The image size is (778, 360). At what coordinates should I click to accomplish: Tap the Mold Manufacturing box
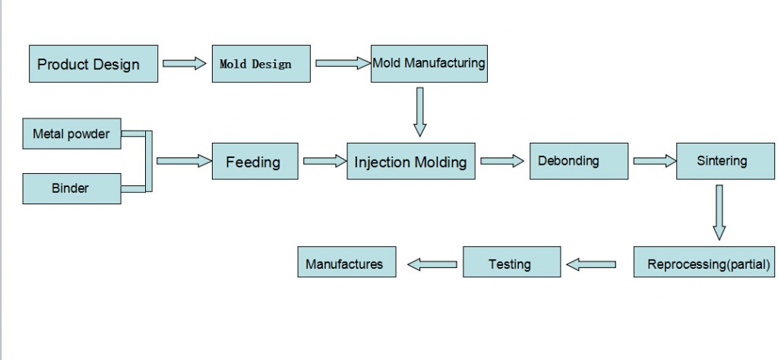(429, 63)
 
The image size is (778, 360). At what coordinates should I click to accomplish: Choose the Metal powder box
(71, 134)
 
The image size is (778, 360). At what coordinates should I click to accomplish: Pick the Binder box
(71, 188)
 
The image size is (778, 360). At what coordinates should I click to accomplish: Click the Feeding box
(254, 162)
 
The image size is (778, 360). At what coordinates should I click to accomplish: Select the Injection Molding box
(411, 162)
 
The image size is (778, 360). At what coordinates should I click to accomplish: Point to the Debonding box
(578, 161)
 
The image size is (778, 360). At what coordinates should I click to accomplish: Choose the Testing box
(511, 264)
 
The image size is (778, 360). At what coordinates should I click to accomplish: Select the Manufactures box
(346, 264)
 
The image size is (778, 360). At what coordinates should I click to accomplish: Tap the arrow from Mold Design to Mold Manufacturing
(342, 63)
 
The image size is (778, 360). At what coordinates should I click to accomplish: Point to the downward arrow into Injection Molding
(419, 112)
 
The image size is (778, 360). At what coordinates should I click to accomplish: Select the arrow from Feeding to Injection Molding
(324, 161)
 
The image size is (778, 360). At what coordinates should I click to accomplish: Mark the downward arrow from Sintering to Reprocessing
(719, 212)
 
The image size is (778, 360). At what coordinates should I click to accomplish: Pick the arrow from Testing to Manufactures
(432, 264)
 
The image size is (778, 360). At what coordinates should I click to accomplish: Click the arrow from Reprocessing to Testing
(591, 264)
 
